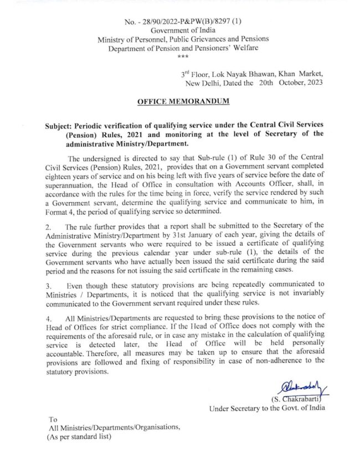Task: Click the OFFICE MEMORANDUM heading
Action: click(x=182, y=102)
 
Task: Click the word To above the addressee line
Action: click(x=53, y=419)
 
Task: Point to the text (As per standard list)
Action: click(x=79, y=436)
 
